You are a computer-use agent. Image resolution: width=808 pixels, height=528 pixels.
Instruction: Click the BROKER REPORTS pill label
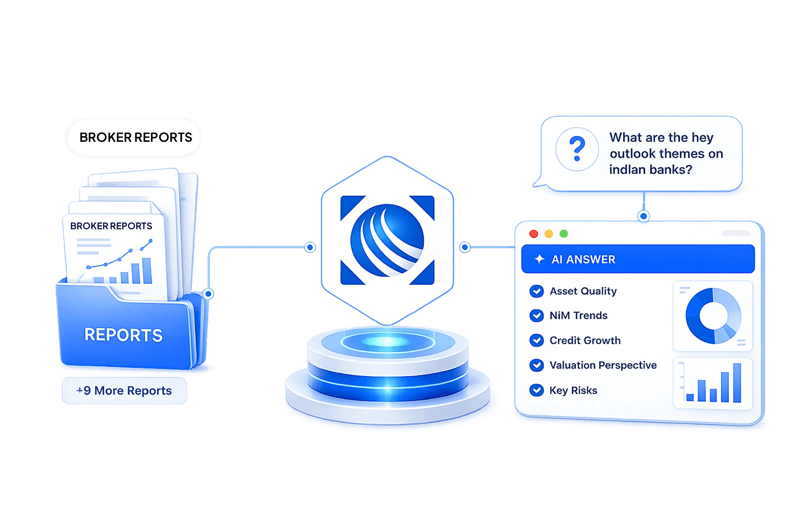click(134, 137)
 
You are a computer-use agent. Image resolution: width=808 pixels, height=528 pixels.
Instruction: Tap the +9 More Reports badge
click(124, 390)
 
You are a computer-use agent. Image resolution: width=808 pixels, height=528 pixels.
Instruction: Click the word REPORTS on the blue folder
click(124, 335)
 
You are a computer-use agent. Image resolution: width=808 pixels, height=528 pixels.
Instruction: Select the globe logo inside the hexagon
click(387, 240)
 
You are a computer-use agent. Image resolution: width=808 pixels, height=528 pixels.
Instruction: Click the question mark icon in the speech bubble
click(577, 149)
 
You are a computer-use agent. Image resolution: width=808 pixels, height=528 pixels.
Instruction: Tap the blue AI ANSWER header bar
click(638, 259)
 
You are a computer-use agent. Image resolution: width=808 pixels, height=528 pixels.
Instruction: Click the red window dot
click(534, 234)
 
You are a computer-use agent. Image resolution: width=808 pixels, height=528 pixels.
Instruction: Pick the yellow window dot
click(549, 234)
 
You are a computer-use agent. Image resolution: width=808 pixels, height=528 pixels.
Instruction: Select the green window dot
click(563, 234)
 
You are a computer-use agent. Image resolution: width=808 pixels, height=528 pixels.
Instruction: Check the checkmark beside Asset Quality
click(536, 291)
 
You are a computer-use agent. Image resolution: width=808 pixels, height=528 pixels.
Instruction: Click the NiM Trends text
click(579, 316)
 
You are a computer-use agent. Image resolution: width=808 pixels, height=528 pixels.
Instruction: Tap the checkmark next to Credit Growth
click(536, 340)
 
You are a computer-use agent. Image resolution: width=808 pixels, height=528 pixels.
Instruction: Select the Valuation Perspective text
click(603, 365)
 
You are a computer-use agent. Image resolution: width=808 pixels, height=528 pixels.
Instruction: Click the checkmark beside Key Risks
click(536, 390)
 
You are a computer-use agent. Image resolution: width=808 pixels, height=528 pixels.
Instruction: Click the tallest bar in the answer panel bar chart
click(737, 383)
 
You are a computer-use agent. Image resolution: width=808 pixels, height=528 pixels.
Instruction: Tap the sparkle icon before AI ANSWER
click(539, 259)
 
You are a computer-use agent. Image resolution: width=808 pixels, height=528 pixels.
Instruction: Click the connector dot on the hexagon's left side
click(310, 247)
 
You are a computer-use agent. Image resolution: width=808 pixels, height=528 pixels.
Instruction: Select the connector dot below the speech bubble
click(644, 216)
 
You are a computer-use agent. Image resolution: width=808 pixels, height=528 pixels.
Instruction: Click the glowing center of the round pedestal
click(387, 341)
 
